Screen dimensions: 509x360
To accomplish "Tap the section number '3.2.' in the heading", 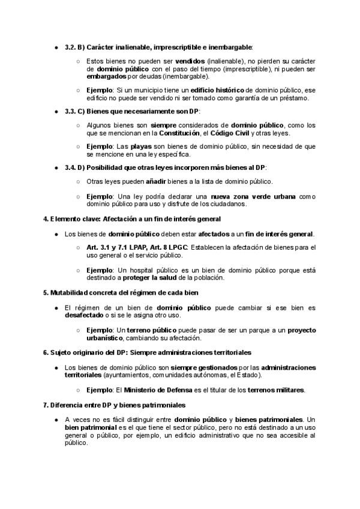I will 70,47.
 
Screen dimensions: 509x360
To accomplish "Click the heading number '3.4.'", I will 70,167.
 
